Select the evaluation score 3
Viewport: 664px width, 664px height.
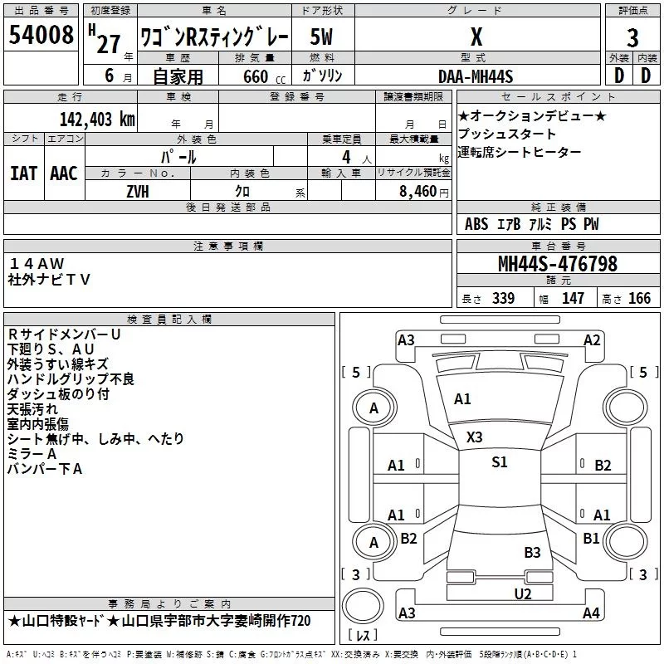[x=632, y=37]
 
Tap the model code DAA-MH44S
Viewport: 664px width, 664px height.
[x=476, y=76]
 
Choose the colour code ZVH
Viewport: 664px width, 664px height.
[x=138, y=191]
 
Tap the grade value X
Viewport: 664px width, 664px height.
[x=476, y=37]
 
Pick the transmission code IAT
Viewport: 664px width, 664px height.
[x=23, y=173]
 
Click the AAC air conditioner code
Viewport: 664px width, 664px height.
[x=64, y=173]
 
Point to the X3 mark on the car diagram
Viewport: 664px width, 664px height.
[x=474, y=437]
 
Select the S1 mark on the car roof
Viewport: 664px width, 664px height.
[x=499, y=462]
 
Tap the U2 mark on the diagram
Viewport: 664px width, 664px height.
[x=522, y=593]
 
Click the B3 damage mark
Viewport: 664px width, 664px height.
[x=532, y=552]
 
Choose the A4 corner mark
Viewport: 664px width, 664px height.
[x=591, y=613]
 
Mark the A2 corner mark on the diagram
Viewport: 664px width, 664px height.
[x=591, y=339]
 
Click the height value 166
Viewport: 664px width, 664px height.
[x=639, y=298]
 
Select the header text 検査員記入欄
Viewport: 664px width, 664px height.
[x=169, y=319]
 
